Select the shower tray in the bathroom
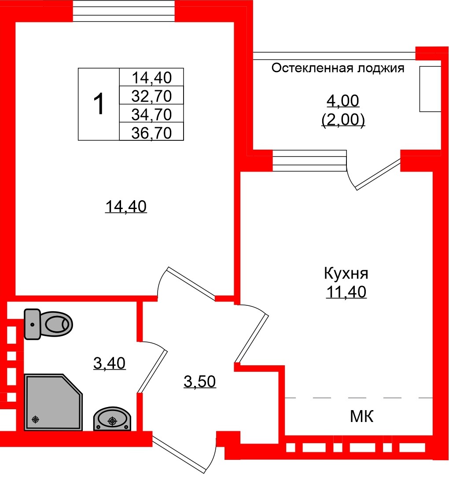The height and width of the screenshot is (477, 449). pos(53,402)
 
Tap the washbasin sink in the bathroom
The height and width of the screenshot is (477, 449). pos(112,419)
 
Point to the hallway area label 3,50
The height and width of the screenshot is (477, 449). pos(199,382)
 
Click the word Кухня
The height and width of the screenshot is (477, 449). pos(346,274)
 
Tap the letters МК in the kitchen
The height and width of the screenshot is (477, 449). pos(362,416)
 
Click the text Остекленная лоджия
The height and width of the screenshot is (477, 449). pos(338,68)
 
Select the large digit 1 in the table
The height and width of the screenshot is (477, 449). pos(99,105)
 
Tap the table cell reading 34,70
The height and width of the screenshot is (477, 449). pos(151,114)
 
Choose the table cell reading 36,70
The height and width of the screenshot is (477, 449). pos(151,132)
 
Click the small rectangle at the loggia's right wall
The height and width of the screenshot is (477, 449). pos(430,89)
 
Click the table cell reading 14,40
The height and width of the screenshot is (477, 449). pos(151,77)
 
